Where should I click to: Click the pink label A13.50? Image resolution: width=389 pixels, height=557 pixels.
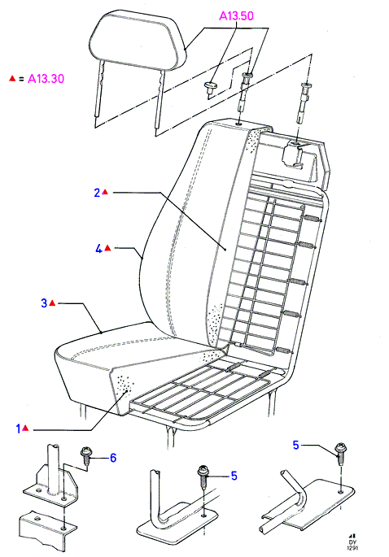tap(236, 15)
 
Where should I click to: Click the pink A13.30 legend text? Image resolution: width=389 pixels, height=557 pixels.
tap(46, 79)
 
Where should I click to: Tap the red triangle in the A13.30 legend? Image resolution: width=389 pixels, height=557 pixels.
tap(12, 78)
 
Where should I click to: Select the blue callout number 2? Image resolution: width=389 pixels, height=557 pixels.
tap(97, 193)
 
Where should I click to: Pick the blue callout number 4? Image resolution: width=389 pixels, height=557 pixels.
tap(98, 249)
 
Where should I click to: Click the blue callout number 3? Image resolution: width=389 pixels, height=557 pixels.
tap(44, 303)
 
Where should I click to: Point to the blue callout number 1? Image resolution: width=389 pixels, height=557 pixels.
tap(19, 429)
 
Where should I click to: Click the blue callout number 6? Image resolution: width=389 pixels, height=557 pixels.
tap(113, 458)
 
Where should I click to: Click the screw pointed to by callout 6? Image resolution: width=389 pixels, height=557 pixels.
tap(86, 455)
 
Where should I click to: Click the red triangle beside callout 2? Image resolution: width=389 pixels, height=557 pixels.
tap(105, 192)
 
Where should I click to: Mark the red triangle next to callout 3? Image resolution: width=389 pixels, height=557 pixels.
tap(52, 302)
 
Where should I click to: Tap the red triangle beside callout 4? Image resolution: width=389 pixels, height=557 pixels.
tap(107, 248)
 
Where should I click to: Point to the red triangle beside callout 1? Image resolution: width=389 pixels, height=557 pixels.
tap(25, 428)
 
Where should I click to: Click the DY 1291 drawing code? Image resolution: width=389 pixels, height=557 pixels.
tap(352, 542)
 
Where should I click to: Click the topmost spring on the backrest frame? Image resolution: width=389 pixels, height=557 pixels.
tap(312, 219)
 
